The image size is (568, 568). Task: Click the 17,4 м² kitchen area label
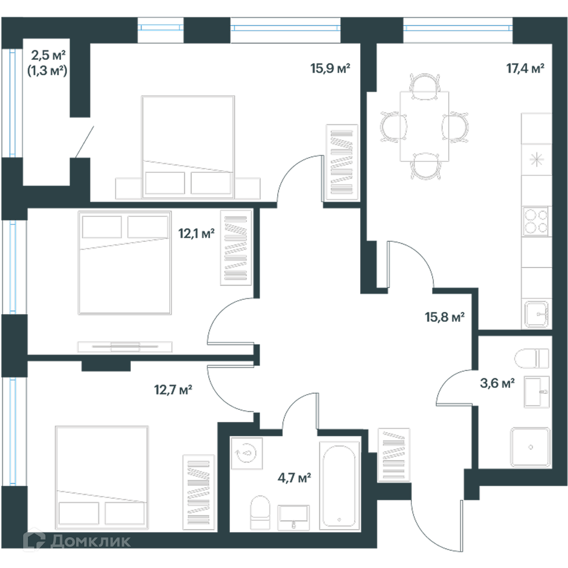point(525,69)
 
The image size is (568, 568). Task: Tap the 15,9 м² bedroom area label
point(330,68)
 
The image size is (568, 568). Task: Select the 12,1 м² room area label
point(196,234)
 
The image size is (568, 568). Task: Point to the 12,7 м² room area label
point(173,390)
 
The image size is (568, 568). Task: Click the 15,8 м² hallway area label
point(444,317)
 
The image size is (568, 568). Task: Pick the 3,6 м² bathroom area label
point(497,383)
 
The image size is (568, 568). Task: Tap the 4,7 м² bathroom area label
point(294,478)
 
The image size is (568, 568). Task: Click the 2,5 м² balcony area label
point(48,55)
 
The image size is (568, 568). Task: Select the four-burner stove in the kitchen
point(536,222)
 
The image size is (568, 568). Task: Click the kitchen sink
point(536,314)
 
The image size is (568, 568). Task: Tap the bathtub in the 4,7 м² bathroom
point(339,486)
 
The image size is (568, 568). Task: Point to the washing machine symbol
point(247,453)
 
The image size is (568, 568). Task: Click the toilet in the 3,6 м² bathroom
point(532,359)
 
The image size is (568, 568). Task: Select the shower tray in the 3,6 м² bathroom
point(530,447)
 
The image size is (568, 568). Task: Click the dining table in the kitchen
point(425,126)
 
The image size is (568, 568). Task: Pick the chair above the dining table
point(425,86)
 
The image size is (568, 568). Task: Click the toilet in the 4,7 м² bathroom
point(260,513)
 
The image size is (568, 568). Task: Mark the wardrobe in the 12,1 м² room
point(236,248)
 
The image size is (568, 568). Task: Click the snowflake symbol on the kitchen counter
point(536,160)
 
